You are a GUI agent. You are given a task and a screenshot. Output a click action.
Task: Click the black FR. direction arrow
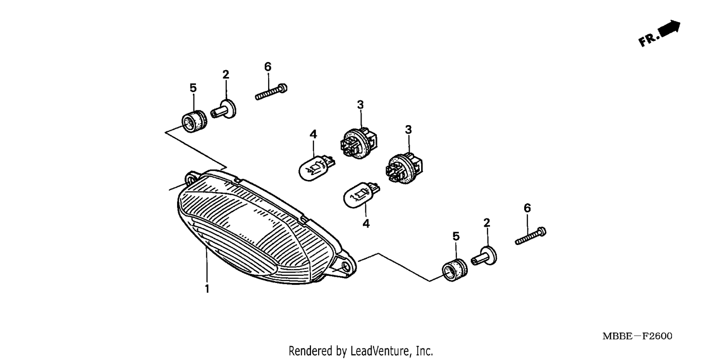pos(670,28)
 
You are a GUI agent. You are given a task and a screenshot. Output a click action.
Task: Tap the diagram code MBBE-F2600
pos(637,336)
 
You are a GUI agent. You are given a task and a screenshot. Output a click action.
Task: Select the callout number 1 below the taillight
pos(207,288)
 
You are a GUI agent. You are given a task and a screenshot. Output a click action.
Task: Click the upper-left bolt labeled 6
pos(271,92)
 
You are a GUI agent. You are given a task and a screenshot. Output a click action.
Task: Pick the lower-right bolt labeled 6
pos(530,236)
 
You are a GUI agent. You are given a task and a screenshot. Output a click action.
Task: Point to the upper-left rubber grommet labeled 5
pos(194,121)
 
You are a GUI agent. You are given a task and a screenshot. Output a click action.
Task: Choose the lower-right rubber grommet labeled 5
pos(454,270)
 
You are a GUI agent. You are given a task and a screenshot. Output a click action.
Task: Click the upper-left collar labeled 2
pos(223,110)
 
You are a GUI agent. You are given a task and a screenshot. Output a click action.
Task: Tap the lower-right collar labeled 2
pos(484,257)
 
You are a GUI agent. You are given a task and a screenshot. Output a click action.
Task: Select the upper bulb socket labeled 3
pos(359,143)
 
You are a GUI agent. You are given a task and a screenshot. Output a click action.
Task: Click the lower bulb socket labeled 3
pos(404,168)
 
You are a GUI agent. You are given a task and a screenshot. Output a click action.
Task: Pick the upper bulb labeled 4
pos(317,168)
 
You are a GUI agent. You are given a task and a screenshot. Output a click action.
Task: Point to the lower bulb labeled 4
pos(361,195)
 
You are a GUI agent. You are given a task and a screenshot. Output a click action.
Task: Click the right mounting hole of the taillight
pos(346,267)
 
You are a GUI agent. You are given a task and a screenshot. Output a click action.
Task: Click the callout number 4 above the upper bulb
pos(313,134)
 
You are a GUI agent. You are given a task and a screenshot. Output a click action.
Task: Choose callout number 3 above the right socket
pos(408,129)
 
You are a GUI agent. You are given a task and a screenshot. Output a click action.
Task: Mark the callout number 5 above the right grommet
pos(456,236)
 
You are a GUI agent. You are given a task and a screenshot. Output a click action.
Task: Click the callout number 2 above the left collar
pos(226,75)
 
